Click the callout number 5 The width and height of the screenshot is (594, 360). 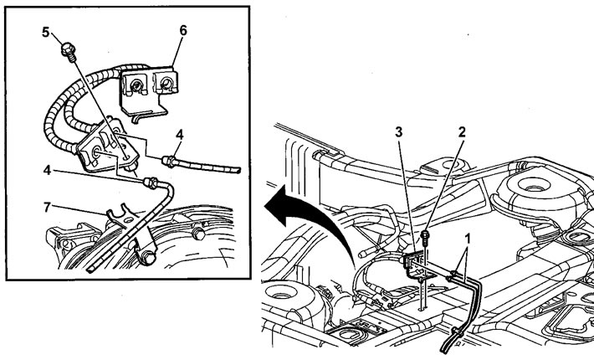(x=45, y=32)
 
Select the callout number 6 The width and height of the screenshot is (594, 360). (x=183, y=31)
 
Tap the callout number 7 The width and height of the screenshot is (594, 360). (x=47, y=208)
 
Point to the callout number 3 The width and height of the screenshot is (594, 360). (x=398, y=132)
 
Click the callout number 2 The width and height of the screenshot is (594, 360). (x=462, y=132)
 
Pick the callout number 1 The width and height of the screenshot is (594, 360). (x=468, y=239)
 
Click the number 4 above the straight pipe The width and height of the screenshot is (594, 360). (x=180, y=135)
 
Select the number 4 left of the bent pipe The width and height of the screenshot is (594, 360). (x=47, y=171)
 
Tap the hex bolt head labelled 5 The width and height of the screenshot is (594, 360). (x=68, y=49)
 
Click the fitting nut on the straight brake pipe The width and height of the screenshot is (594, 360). (x=168, y=162)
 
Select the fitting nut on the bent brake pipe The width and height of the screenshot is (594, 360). (x=150, y=183)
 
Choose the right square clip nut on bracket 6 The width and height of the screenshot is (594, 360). (x=165, y=82)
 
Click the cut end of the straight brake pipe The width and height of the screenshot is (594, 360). (x=238, y=170)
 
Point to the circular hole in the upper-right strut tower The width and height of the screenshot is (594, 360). (x=534, y=188)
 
